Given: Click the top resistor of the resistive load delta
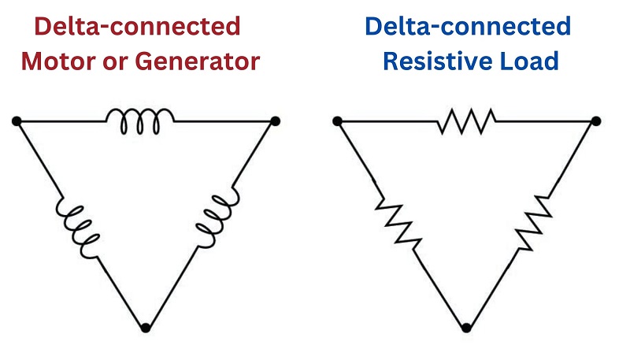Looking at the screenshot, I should (466, 121).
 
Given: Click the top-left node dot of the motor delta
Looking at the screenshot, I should (17, 121).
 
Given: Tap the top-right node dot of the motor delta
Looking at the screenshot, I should (275, 121).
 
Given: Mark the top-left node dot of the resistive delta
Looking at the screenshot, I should (337, 121).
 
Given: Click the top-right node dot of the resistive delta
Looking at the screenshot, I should (596, 121).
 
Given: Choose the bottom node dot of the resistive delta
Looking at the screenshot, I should (466, 327).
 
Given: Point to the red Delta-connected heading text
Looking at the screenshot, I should (138, 26).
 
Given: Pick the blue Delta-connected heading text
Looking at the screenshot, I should (467, 26).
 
